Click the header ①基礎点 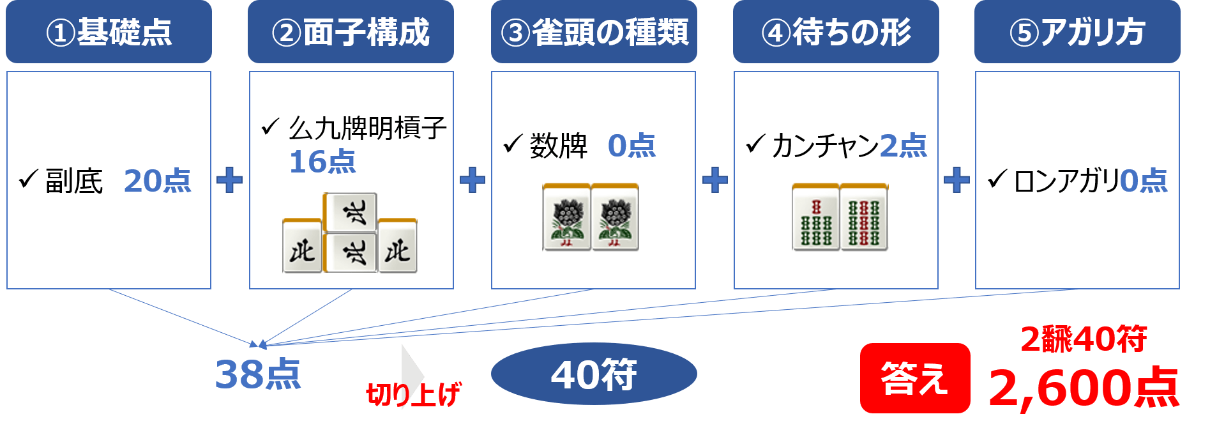pos(109,31)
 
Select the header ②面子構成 pos(351,31)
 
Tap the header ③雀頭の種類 pos(594,31)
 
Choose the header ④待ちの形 pos(836,31)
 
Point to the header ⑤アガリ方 pos(1077,31)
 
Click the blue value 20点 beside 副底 pos(157,181)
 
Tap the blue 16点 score pos(322,162)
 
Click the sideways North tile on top pos(350,212)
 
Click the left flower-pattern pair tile pos(566,217)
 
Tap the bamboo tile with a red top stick pos(815,217)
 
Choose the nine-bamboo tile pos(864,217)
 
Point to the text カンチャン pos(825,146)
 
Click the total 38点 pos(257,374)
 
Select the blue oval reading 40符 pos(594,374)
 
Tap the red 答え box pos(915,378)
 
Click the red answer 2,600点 pos(1084,388)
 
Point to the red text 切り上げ pos(413,394)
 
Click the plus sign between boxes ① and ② pos(230,180)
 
